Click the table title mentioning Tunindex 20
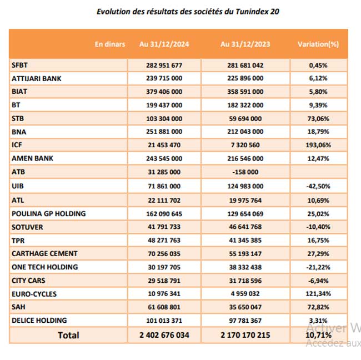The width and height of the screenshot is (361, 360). coord(188,12)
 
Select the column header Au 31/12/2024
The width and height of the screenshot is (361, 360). coord(164,44)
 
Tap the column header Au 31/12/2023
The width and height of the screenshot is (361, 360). coord(245,44)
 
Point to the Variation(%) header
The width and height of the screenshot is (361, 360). coord(318,44)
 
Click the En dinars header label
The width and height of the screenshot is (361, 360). coord(110,44)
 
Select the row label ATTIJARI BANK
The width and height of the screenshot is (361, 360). coord(36,78)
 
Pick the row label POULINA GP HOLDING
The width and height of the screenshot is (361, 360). coord(48,214)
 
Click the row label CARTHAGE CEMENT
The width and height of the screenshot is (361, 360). coord(44,253)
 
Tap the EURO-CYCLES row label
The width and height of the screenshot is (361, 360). coord(34,294)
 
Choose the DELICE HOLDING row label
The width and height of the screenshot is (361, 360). coord(39,321)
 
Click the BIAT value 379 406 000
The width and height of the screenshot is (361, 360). coord(164,92)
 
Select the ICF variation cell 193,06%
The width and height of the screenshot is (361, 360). coord(318,145)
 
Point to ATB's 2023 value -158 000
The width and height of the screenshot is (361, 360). coord(245,172)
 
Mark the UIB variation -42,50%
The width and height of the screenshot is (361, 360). coord(318,186)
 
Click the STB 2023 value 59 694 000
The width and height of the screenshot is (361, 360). coord(245,119)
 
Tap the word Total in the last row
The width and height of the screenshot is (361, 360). coord(68,336)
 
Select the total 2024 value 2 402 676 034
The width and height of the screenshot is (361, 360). coord(164,335)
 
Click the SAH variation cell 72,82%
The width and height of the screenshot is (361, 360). coord(318,307)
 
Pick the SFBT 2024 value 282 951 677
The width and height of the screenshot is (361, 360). coord(164,65)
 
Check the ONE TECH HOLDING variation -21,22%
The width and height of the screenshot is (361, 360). coord(318,267)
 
